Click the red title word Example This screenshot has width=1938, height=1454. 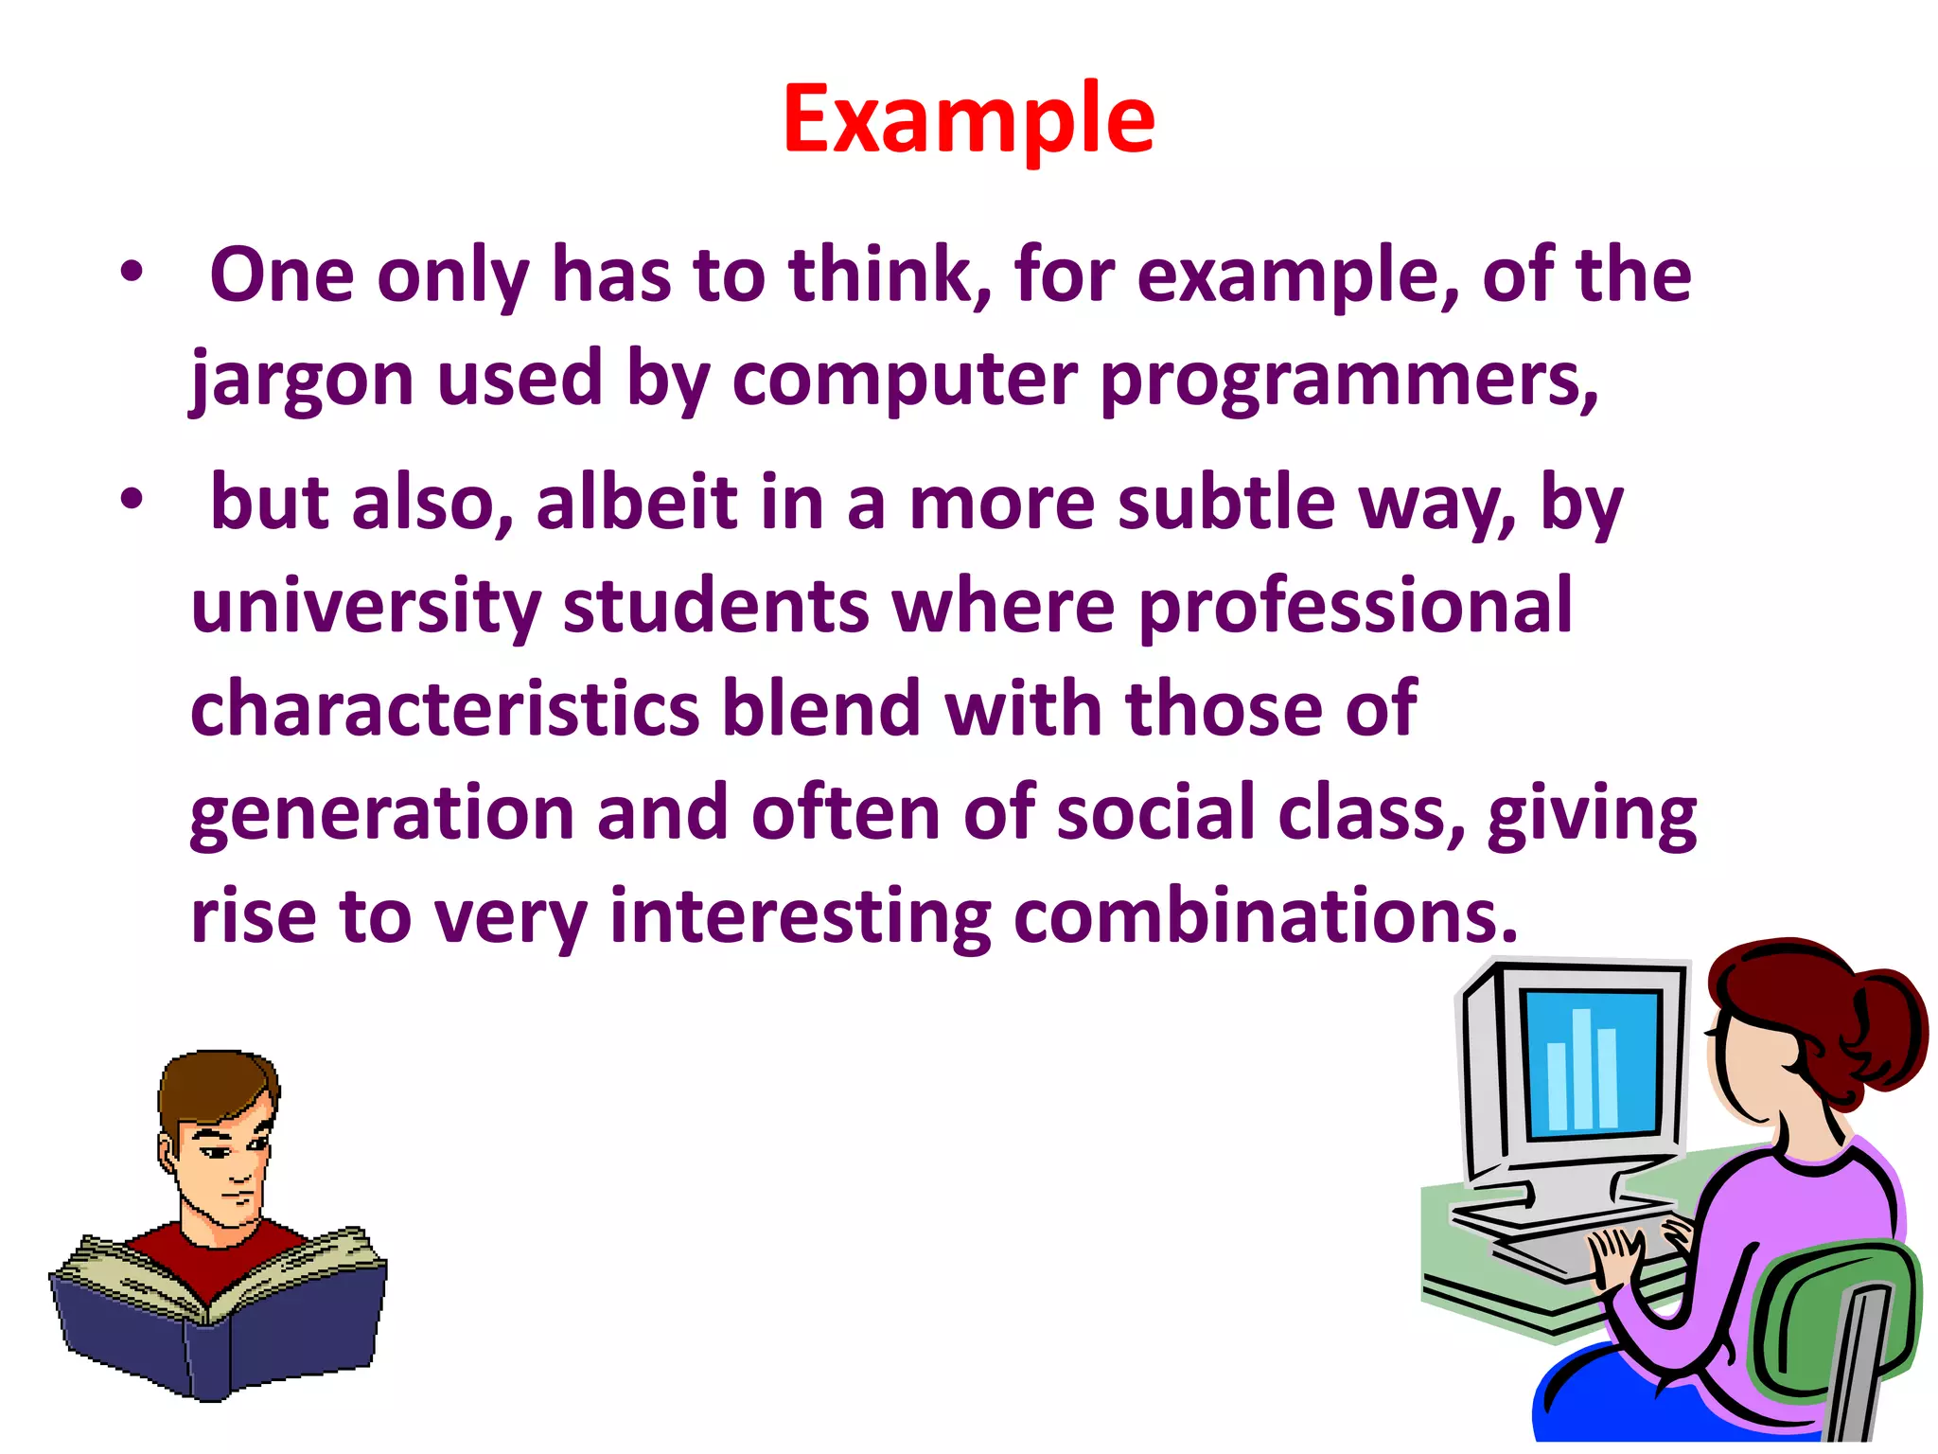click(968, 119)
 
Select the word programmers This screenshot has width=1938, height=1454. click(1349, 379)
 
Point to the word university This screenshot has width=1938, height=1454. click(366, 606)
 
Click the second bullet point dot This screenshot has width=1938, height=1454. click(132, 499)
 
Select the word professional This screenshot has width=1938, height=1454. click(1355, 606)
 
